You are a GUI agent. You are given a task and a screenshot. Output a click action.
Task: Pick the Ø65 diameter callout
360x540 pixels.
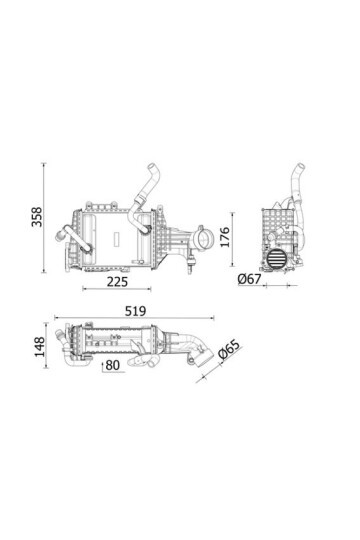(229, 354)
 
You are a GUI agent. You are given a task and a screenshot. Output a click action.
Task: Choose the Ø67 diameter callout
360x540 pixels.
(249, 279)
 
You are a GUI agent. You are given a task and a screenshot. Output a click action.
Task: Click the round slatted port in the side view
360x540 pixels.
(277, 257)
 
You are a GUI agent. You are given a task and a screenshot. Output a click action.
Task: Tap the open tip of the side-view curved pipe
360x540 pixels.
(296, 168)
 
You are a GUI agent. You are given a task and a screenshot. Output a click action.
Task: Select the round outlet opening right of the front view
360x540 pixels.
(203, 240)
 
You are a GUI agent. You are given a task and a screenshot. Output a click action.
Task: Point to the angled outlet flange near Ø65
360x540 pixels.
(204, 355)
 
